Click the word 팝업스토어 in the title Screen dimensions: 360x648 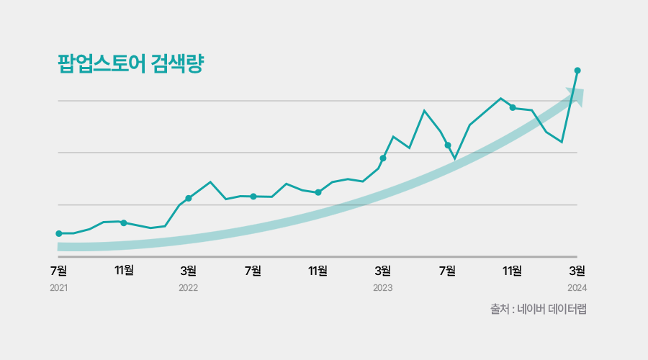coord(101,64)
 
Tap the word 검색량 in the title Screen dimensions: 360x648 coord(179,64)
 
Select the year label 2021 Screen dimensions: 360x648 coord(58,288)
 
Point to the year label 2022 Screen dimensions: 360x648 coord(188,288)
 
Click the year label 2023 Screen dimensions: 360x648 coord(382,288)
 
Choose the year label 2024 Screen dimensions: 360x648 coord(577,288)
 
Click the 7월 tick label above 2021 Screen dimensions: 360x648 coord(58,271)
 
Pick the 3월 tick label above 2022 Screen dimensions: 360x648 coord(188,271)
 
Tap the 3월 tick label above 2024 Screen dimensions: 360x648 coord(577,271)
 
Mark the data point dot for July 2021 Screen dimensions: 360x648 coord(58,233)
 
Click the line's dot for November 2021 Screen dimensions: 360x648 coord(124,222)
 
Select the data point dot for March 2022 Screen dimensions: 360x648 coord(189,198)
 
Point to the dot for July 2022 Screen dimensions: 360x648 coord(253,196)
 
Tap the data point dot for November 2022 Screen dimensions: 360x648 coord(318,192)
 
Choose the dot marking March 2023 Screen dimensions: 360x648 coord(383,158)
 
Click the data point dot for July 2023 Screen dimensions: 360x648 coord(448,145)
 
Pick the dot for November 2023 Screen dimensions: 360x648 coord(513,107)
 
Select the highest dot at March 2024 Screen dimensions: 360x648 coord(577,70)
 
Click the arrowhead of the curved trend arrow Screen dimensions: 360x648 coord(576,96)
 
